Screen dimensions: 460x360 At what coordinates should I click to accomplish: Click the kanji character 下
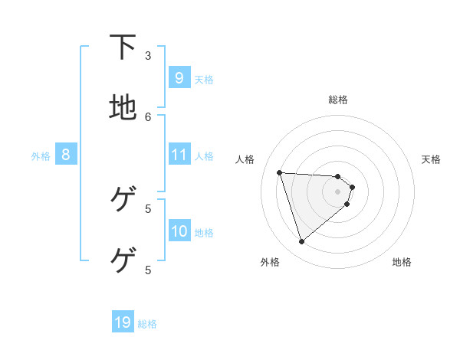click(123, 48)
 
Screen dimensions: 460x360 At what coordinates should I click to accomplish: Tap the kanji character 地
click(123, 108)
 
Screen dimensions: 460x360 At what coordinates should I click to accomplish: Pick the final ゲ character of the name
click(123, 260)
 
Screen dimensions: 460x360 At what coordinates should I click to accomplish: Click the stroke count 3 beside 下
click(148, 55)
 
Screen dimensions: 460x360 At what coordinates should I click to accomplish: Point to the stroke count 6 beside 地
click(148, 116)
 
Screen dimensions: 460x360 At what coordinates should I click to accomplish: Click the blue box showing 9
click(179, 77)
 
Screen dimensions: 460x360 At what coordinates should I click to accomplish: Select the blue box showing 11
click(179, 155)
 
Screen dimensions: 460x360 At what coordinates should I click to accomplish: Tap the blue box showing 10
click(179, 231)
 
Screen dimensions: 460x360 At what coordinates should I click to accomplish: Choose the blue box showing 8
click(66, 155)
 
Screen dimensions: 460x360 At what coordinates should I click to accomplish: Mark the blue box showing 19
click(123, 322)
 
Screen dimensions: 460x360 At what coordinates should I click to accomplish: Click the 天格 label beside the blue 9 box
click(204, 79)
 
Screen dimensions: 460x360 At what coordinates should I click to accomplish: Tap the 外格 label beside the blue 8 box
click(41, 156)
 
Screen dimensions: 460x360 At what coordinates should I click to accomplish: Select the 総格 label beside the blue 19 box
click(147, 324)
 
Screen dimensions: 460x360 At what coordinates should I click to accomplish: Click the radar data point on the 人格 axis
click(279, 172)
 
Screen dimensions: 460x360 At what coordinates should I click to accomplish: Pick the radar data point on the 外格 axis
click(301, 242)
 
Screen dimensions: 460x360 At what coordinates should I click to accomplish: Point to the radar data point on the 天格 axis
click(352, 187)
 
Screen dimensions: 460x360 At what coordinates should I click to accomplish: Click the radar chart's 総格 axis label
click(337, 100)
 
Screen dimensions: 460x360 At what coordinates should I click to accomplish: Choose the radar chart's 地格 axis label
click(402, 262)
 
